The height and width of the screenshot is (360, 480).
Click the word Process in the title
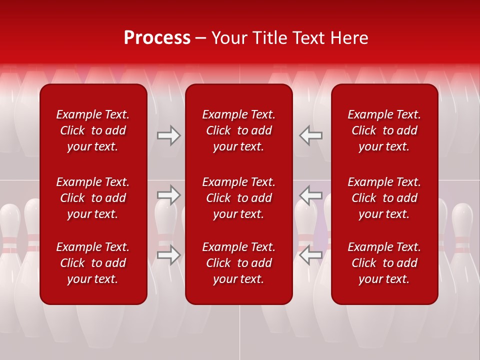pos(157,38)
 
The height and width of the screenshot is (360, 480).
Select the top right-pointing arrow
pos(168,135)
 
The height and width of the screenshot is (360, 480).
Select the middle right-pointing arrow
pos(168,195)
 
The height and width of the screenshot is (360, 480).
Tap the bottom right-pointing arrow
pos(168,255)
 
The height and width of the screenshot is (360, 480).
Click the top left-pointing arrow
pos(311,135)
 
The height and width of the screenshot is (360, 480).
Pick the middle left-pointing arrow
pos(311,195)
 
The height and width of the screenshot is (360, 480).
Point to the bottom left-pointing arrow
pos(311,255)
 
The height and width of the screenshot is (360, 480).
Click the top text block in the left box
pos(93,130)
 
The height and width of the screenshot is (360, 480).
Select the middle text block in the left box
pos(93,198)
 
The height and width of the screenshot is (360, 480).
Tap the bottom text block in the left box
pos(93,263)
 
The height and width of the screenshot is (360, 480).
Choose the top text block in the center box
pos(239,130)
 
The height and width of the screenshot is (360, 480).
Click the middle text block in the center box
pos(239,198)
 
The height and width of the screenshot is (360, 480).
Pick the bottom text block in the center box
pos(239,263)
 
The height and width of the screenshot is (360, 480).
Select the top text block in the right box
pos(384,130)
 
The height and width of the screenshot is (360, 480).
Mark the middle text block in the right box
pos(384,198)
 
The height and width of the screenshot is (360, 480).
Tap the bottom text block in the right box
pos(384,263)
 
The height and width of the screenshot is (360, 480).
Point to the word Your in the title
pos(229,38)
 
